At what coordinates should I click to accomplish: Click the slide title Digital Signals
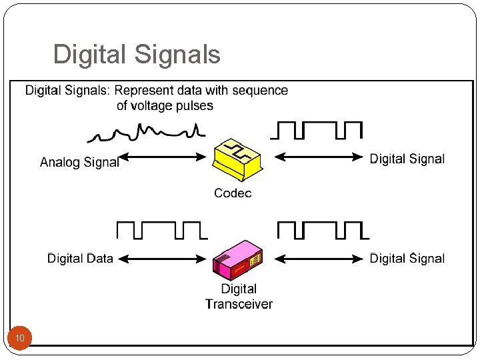click(137, 55)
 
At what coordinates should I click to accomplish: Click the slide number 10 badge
click(20, 339)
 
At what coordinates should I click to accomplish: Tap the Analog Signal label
click(79, 162)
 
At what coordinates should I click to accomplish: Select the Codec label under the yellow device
click(233, 193)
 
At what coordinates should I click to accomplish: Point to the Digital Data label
click(80, 259)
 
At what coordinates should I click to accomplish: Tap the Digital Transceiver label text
click(239, 297)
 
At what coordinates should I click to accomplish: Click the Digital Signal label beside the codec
click(407, 159)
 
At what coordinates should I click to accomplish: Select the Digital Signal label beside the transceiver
click(407, 259)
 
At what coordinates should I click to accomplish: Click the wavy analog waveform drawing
click(145, 132)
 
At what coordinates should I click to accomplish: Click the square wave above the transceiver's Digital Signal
click(323, 231)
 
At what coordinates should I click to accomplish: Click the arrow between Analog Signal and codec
click(163, 157)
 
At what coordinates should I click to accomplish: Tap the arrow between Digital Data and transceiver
click(163, 258)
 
